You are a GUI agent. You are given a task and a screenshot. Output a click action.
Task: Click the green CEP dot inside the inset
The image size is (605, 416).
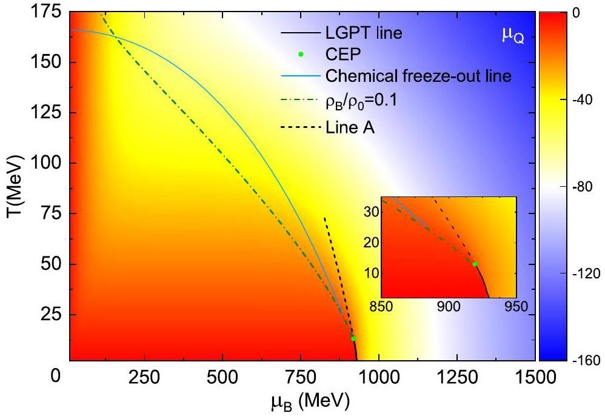tap(475, 264)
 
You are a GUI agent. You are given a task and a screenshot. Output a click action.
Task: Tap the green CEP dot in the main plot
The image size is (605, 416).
tap(353, 338)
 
